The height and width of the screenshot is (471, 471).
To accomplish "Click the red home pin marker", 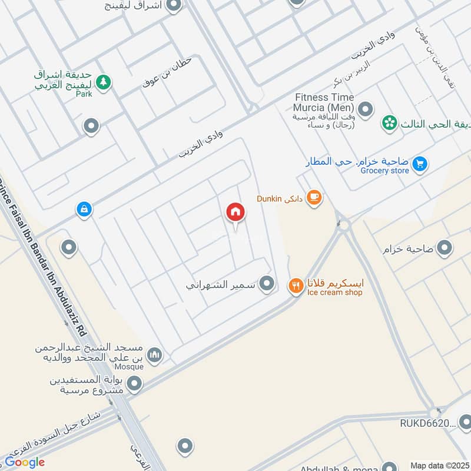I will click(x=235, y=213).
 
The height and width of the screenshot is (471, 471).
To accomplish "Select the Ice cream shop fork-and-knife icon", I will click(x=296, y=286).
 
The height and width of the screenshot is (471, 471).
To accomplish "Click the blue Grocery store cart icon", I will click(x=420, y=163).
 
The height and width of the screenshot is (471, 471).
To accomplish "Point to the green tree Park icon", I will click(x=104, y=82).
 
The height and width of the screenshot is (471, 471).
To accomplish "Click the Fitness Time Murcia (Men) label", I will click(x=324, y=102).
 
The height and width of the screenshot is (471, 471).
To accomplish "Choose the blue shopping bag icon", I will click(x=84, y=209).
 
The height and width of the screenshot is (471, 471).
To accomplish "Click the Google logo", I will click(x=25, y=462).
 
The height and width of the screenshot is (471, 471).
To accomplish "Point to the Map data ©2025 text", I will click(x=439, y=465).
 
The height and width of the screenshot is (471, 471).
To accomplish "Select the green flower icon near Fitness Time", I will click(x=389, y=123).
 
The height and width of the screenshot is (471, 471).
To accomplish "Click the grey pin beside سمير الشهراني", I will click(x=267, y=284).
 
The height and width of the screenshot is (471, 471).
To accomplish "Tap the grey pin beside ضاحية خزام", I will click(x=445, y=248).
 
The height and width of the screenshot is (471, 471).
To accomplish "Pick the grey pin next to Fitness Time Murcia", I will click(x=366, y=109).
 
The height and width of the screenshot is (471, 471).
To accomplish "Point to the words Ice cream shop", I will click(x=333, y=293).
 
